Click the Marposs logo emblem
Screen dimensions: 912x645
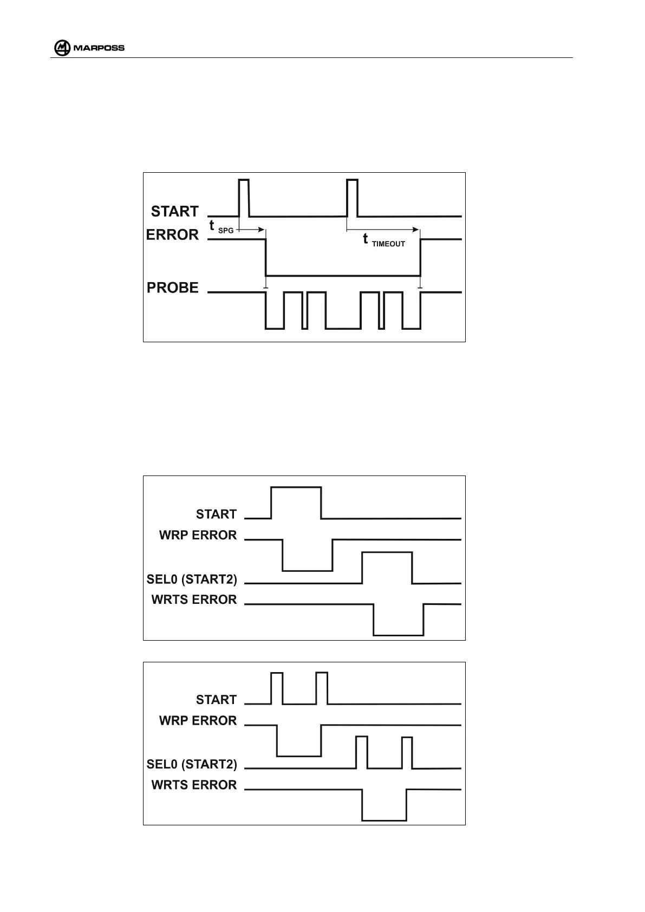[62, 48]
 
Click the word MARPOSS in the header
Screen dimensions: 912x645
[99, 48]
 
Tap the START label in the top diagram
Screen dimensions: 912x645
[174, 211]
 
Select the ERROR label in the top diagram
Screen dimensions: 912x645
[172, 235]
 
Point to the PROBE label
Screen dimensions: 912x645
[173, 288]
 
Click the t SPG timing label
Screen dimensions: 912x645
[221, 227]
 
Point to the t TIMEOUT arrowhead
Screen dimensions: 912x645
[415, 230]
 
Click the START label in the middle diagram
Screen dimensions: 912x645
[216, 514]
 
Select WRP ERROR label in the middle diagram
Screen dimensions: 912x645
[198, 535]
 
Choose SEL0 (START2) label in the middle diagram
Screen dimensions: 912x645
[192, 579]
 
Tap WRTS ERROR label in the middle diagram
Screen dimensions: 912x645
[194, 600]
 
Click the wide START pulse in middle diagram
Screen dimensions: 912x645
[296, 501]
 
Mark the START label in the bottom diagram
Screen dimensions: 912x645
[216, 700]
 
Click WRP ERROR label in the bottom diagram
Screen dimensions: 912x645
[198, 721]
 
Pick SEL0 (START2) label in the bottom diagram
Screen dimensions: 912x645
[192, 765]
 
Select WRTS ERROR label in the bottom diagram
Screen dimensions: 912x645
[194, 785]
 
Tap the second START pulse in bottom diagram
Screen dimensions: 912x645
[322, 687]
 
